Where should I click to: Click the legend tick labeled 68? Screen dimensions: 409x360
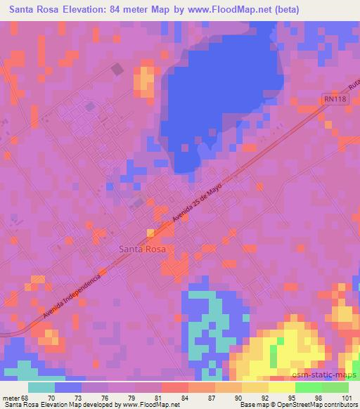click(x=25, y=397)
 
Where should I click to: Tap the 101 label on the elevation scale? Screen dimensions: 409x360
click(x=347, y=397)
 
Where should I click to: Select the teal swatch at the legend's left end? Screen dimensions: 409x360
click(x=41, y=387)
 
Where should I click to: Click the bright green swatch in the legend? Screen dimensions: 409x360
click(x=308, y=387)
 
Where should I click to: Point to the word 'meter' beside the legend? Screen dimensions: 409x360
click(x=9, y=397)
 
